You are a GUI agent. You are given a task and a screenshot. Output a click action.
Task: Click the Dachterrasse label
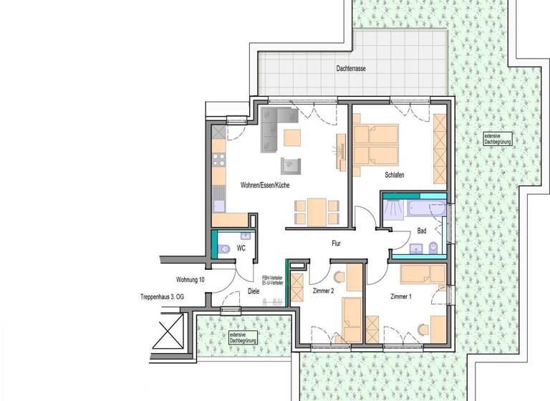(352, 69)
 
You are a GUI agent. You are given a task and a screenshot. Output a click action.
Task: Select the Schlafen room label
(395, 175)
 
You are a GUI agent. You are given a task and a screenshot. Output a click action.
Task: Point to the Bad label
(421, 231)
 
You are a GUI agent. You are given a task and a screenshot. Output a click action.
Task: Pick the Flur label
(336, 243)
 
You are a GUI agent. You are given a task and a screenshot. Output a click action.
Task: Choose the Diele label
(253, 291)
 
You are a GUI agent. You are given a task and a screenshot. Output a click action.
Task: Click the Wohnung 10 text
(190, 279)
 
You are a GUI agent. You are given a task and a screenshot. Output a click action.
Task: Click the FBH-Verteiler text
(273, 278)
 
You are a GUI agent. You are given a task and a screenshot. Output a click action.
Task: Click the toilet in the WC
(224, 249)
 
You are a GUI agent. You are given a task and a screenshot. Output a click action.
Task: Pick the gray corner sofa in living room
(274, 128)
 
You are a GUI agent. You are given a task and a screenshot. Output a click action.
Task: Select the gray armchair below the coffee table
(291, 167)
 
